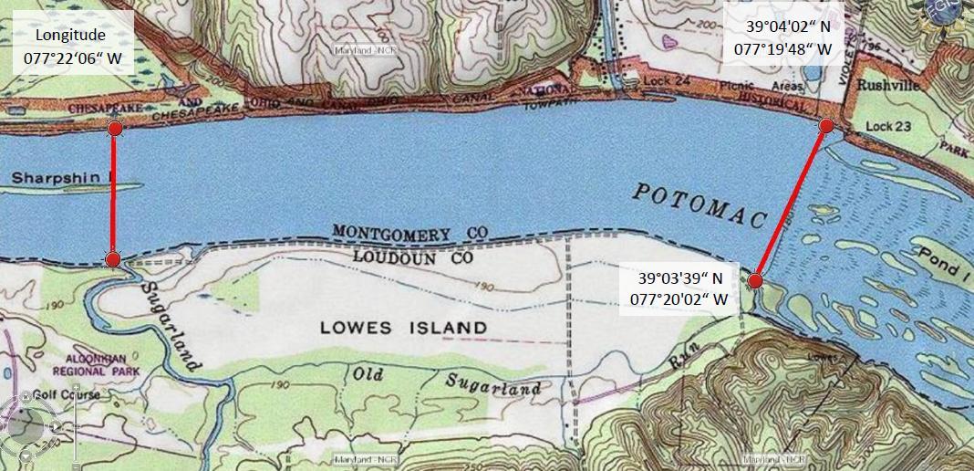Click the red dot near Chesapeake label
(115, 129)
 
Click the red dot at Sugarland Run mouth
(112, 260)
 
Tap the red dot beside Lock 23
(826, 125)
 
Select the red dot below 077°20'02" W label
(755, 281)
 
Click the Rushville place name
(888, 84)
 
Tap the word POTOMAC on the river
(699, 205)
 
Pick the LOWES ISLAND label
(403, 328)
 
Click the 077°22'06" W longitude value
(72, 60)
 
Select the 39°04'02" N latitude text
(782, 27)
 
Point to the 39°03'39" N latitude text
(679, 278)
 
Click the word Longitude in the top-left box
(70, 36)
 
